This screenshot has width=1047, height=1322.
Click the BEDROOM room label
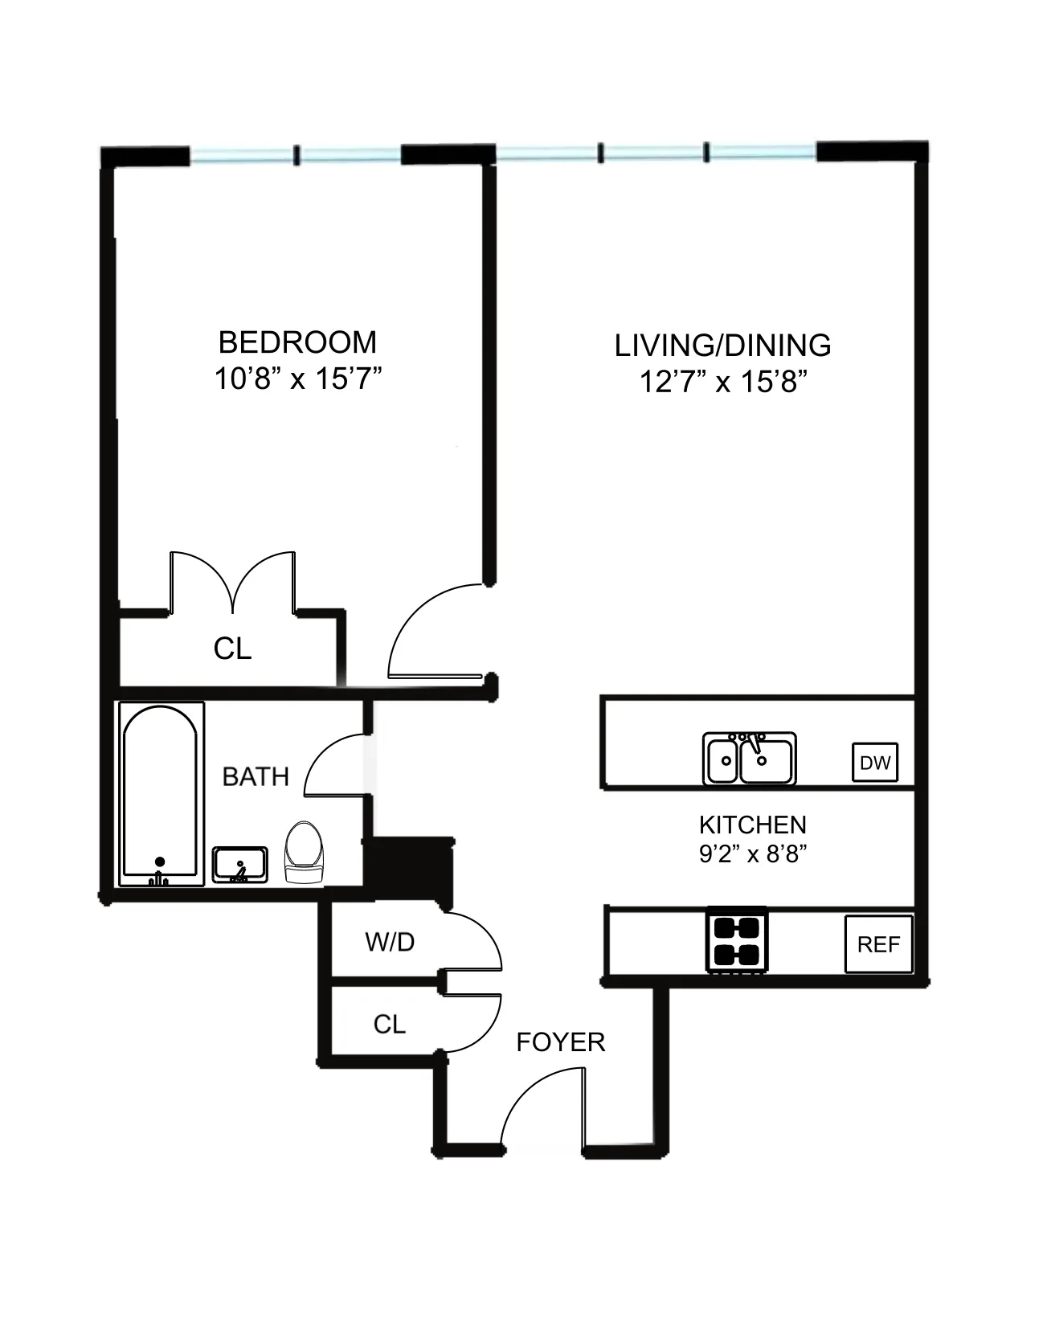(x=297, y=342)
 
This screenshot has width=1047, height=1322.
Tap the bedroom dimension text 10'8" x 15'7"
(x=297, y=378)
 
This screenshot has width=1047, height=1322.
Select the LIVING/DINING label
(x=722, y=346)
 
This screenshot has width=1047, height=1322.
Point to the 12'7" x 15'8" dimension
(x=722, y=382)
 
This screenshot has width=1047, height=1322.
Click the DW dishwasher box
(x=875, y=763)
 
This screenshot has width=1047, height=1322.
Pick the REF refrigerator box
(x=879, y=944)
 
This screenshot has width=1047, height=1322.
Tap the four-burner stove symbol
(x=737, y=940)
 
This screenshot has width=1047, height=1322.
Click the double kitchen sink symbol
(x=749, y=759)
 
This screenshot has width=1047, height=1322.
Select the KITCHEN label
(x=752, y=825)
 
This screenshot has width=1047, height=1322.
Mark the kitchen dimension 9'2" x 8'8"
(x=752, y=853)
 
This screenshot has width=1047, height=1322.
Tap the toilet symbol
(x=305, y=854)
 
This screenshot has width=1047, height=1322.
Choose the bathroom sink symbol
(x=239, y=865)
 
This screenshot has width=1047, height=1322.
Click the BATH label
(x=256, y=777)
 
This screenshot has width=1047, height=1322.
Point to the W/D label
(x=390, y=942)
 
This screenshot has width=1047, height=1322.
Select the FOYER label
(x=560, y=1042)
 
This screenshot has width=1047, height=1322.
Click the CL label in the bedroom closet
(x=232, y=649)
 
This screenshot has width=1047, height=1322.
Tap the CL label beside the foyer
(x=389, y=1024)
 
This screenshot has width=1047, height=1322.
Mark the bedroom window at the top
(x=296, y=155)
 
